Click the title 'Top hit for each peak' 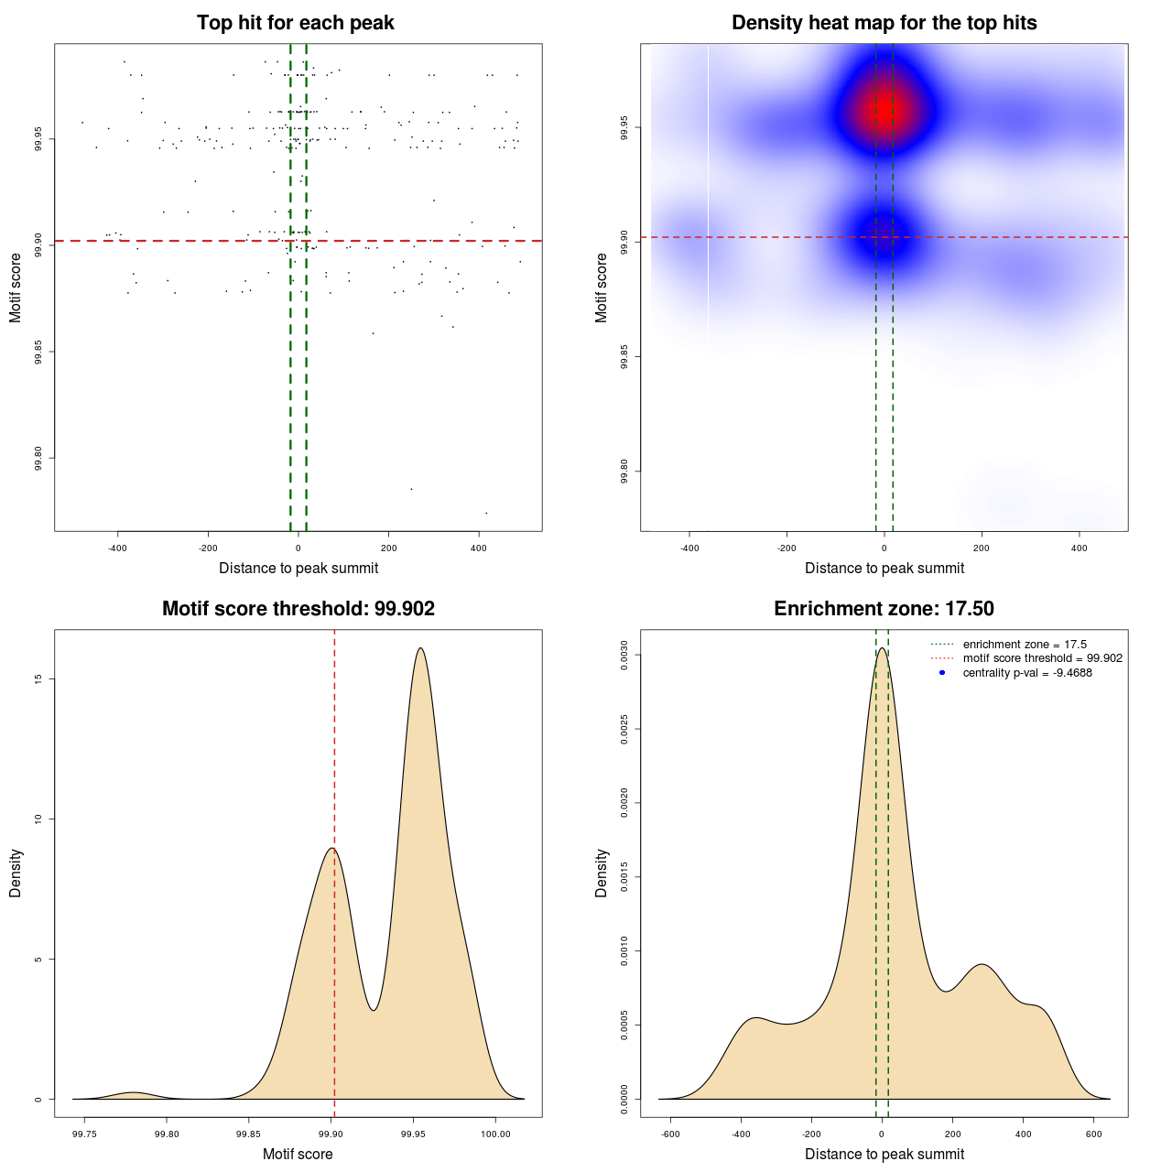tap(295, 23)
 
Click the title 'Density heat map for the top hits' tap(884, 23)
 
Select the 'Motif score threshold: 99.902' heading tap(298, 609)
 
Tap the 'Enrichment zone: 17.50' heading tap(884, 609)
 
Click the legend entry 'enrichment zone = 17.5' tap(1024, 645)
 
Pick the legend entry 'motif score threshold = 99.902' tap(1042, 658)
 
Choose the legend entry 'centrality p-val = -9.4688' tap(1026, 673)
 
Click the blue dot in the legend tap(942, 673)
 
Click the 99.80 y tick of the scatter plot tap(38, 458)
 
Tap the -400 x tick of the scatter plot tap(117, 548)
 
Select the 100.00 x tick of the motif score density tap(495, 1134)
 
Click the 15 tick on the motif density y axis tap(38, 678)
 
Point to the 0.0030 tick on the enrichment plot tap(624, 656)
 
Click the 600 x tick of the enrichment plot tap(1093, 1134)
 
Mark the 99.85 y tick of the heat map tap(624, 356)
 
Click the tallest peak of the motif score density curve tap(420, 648)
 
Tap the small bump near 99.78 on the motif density tap(134, 1093)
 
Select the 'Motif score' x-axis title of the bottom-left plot tap(298, 1154)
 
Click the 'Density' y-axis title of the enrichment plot tap(602, 873)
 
